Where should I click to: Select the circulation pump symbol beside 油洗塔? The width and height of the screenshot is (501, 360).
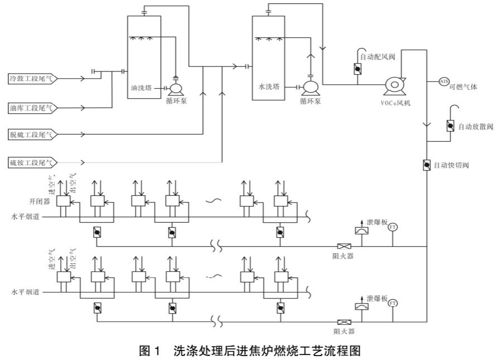click(176, 88)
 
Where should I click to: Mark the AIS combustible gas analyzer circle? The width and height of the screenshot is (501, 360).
click(444, 81)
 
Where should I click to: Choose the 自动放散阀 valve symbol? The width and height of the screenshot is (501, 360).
click(450, 126)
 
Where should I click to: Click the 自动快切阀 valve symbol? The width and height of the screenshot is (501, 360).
click(427, 166)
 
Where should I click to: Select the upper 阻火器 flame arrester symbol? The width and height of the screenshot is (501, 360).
click(343, 246)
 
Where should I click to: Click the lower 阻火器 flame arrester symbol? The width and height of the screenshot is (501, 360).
click(343, 322)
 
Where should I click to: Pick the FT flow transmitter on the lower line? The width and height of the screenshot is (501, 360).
click(393, 303)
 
